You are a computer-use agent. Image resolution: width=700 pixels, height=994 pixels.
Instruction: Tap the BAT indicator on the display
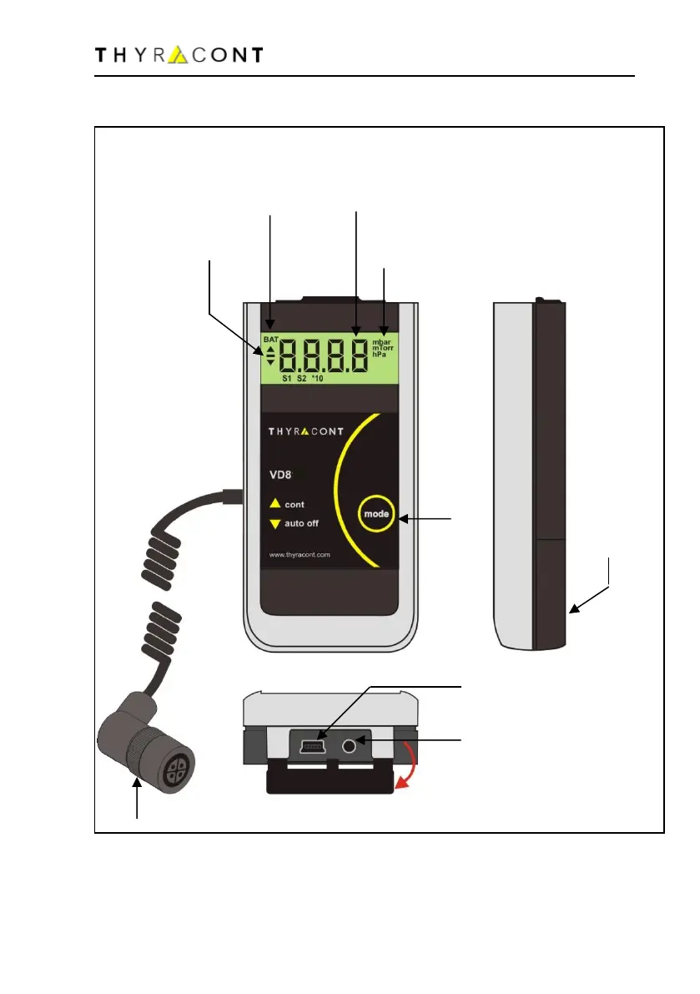[270, 341]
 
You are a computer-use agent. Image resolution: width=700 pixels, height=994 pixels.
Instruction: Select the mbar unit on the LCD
[385, 342]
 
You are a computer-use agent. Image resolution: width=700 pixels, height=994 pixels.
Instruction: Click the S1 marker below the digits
[286, 379]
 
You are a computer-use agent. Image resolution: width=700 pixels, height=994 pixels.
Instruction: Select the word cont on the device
[295, 504]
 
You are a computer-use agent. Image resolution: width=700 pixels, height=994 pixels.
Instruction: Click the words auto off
[302, 524]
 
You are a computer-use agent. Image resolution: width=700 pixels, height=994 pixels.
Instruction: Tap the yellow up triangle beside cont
[274, 504]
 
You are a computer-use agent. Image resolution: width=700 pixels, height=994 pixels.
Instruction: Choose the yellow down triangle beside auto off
[274, 524]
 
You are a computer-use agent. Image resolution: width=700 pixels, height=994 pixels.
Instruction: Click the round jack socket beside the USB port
[359, 741]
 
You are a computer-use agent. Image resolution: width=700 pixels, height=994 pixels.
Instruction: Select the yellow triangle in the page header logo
[179, 55]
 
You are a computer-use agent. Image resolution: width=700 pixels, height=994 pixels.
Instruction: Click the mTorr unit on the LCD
[385, 349]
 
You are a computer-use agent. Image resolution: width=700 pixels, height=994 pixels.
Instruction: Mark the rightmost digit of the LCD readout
[358, 356]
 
